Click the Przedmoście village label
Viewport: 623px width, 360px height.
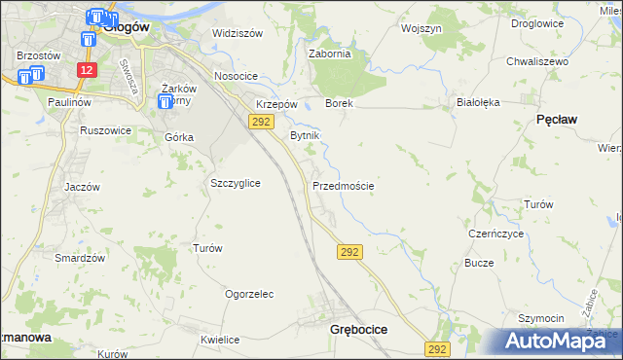[344, 185]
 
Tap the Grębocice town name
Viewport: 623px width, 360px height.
[352, 330]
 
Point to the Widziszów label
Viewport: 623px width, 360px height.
[238, 33]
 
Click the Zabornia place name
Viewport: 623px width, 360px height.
[329, 54]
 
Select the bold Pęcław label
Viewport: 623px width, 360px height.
[558, 118]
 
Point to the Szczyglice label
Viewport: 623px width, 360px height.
[235, 183]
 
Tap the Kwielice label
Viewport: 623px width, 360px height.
[220, 340]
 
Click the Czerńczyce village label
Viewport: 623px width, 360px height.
[496, 234]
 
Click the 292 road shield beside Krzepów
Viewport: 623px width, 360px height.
[260, 121]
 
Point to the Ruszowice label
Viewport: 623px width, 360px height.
[105, 130]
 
